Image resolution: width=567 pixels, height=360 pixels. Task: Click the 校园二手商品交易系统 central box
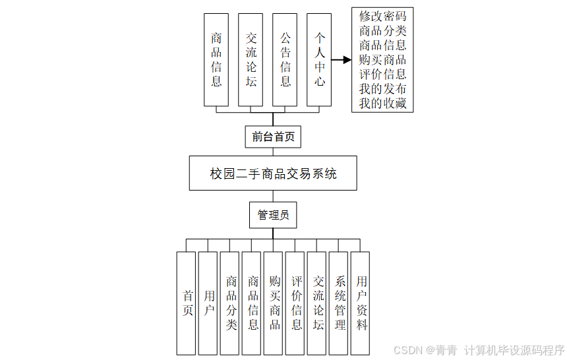273,173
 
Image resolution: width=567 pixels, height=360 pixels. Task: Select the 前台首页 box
273,136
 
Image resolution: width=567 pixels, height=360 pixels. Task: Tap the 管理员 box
273,215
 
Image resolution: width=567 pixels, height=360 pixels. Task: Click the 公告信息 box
285,59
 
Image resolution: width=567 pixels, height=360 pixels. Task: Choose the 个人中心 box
319,59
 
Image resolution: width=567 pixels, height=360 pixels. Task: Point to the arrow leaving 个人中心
341,59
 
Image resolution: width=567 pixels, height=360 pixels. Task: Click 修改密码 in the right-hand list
382,16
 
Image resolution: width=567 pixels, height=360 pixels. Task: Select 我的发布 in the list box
382,89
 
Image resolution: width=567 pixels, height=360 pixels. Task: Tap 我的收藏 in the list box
382,104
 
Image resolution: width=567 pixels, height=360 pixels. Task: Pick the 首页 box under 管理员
187,303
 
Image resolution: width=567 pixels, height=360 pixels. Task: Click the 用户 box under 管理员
208,303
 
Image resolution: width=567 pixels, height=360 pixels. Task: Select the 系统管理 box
339,303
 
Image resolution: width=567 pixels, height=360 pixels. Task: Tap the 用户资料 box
361,303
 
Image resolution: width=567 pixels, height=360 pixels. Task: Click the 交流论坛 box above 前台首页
251,59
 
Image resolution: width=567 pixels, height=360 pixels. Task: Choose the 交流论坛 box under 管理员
317,303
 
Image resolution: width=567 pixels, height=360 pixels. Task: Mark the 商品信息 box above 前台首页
216,59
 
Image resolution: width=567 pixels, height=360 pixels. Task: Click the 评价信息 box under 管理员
295,303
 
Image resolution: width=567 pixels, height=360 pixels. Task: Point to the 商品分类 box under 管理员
230,303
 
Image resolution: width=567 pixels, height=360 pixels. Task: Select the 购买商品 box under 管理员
274,303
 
